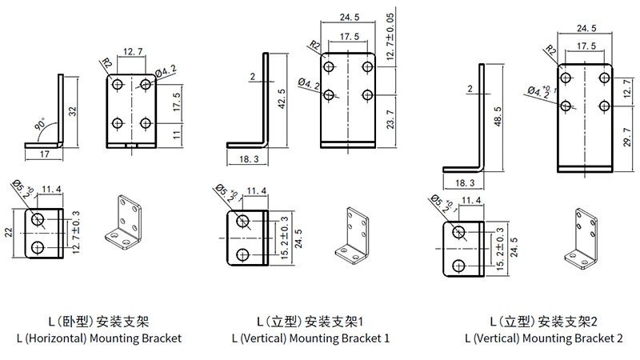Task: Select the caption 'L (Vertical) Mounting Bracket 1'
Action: click(310, 338)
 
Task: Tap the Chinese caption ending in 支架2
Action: click(543, 322)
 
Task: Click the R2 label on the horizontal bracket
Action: click(106, 63)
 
